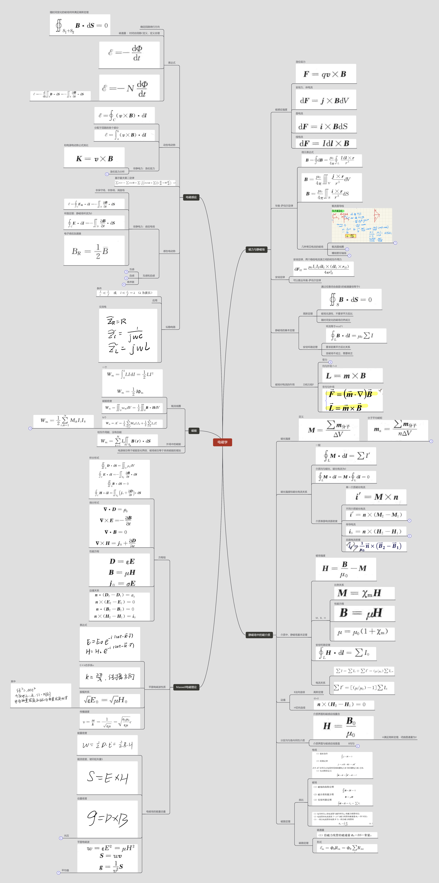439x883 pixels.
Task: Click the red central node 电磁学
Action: click(222, 442)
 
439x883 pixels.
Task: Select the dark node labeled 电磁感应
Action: click(191, 197)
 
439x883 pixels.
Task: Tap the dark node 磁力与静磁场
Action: click(256, 250)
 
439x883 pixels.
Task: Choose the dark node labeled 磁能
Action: click(194, 431)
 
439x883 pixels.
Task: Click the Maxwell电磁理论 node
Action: click(186, 687)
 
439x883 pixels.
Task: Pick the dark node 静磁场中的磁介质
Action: click(259, 635)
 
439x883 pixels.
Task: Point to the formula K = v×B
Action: click(94, 158)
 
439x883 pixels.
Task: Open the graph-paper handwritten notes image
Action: click(361, 225)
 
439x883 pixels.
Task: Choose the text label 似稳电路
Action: click(170, 327)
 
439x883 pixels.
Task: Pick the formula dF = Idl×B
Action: click(324, 143)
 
